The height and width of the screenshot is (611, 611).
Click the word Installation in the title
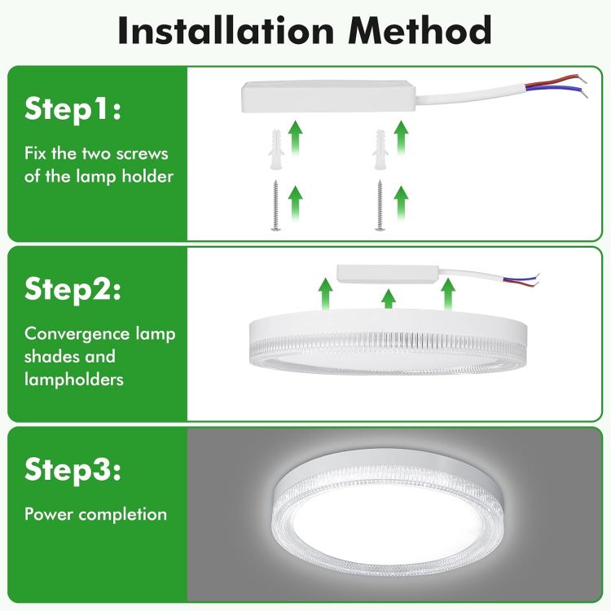click(x=222, y=30)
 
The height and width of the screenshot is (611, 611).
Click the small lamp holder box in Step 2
click(x=388, y=275)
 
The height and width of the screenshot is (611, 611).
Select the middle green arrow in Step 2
click(x=389, y=298)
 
